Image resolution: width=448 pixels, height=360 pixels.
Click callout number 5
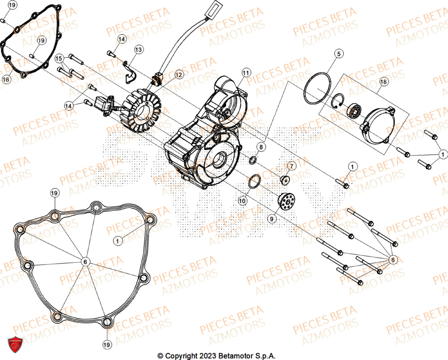click(x=339, y=54)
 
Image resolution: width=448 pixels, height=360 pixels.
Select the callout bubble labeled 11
click(x=245, y=73)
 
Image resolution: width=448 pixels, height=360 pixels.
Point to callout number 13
click(x=138, y=49)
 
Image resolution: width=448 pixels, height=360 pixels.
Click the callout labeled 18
click(x=383, y=82)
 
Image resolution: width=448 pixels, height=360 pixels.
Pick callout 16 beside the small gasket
click(x=6, y=79)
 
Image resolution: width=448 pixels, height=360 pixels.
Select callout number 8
click(x=260, y=146)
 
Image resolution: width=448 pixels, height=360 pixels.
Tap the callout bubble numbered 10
click(x=242, y=201)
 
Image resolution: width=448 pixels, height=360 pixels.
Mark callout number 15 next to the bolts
click(x=59, y=59)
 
